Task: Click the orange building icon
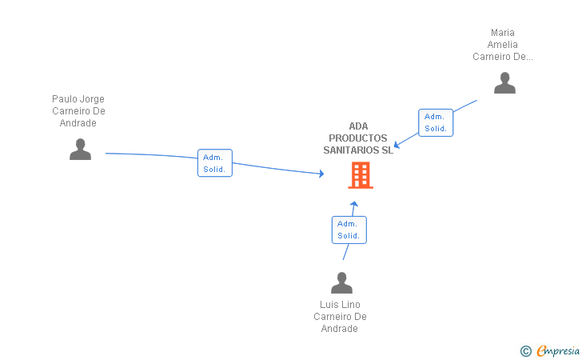pos(361,174)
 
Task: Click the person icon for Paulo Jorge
pos(80,150)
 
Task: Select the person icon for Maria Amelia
pos(504,83)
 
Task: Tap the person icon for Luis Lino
pos(341,283)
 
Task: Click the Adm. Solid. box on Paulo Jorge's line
pos(215,163)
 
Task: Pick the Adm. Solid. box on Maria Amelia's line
pos(436,122)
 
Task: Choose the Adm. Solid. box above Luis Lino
pos(349,230)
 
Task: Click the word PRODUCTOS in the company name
pos(358,138)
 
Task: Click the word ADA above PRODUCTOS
pos(358,126)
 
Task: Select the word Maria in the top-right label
pos(503,34)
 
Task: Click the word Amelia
pos(503,45)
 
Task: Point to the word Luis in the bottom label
pos(329,305)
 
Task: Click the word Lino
pos(351,305)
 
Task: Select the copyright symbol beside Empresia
pos(525,350)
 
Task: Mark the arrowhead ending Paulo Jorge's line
pos(321,173)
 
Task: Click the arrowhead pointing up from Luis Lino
pos(354,203)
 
